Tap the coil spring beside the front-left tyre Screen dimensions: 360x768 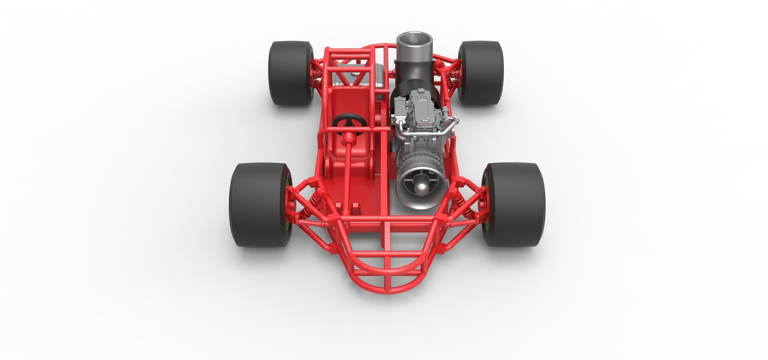coord(310,199)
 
